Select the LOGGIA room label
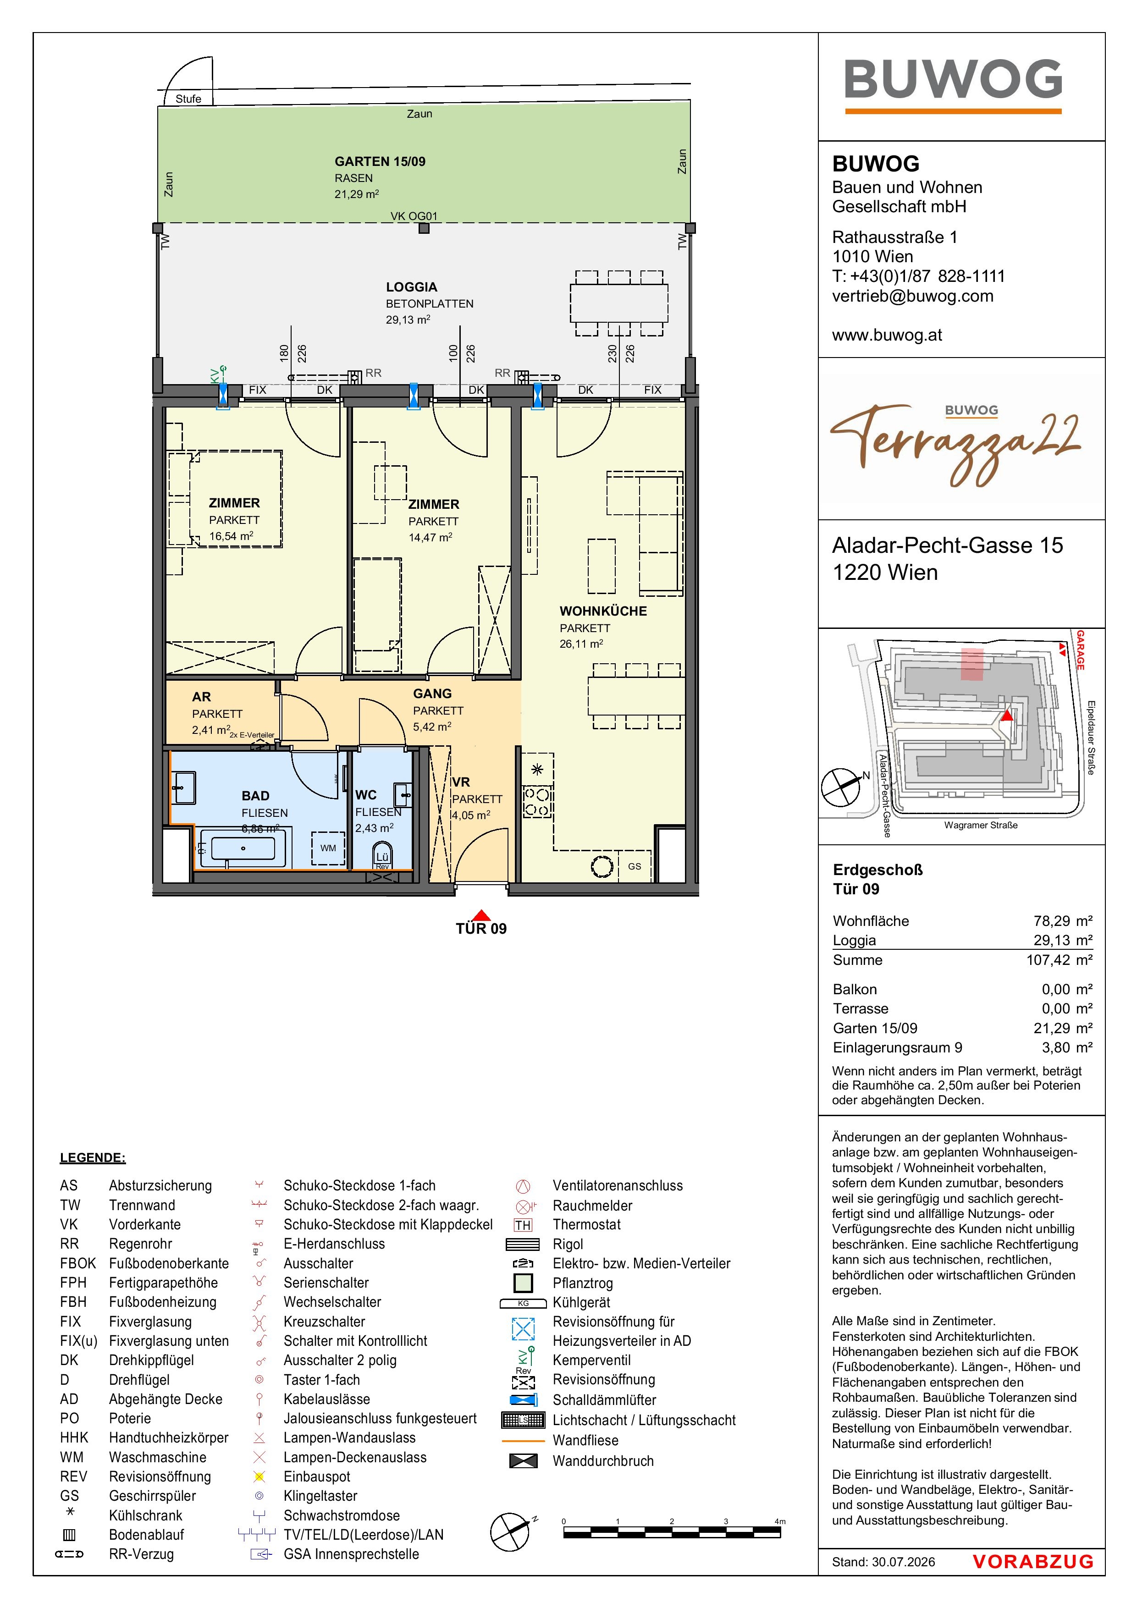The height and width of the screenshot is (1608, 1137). [411, 287]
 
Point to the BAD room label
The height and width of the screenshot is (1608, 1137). [256, 796]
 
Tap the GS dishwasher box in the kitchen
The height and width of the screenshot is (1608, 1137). [634, 866]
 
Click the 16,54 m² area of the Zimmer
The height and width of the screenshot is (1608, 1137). [231, 536]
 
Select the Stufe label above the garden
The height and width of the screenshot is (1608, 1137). [188, 99]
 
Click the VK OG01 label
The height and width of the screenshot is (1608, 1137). [414, 216]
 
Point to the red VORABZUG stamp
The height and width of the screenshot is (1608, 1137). [1032, 1561]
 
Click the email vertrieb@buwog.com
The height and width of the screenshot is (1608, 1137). [913, 296]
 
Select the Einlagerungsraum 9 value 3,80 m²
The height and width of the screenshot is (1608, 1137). [1067, 1048]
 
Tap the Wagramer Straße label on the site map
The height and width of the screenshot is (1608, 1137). [981, 825]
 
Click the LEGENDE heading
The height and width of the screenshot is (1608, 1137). [93, 1158]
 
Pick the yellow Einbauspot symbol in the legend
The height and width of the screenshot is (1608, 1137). [259, 1477]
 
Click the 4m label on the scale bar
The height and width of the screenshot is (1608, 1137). [780, 1521]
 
